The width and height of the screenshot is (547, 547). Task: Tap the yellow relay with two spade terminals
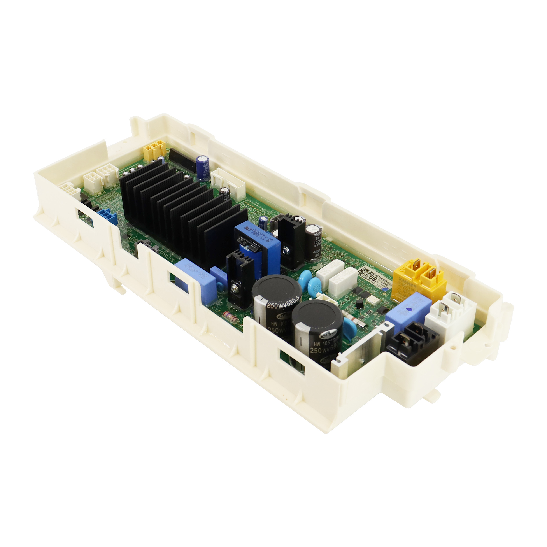[x=418, y=280]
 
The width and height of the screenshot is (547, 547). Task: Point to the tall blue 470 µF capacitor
[x=203, y=168]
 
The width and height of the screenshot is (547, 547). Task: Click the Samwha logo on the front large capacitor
[x=327, y=335]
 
